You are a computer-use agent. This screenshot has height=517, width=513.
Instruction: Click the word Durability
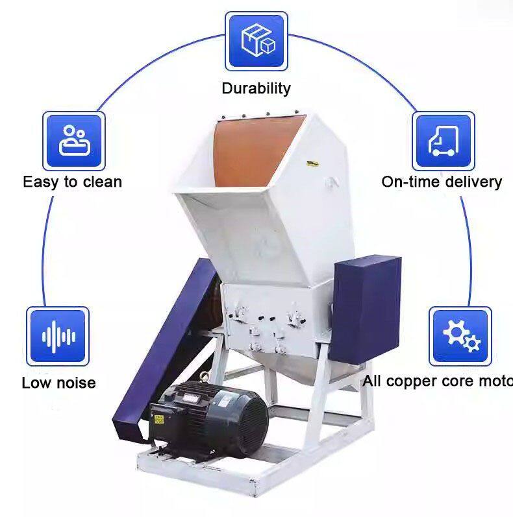(x=256, y=88)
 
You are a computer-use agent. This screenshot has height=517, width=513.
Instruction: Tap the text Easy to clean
(x=72, y=182)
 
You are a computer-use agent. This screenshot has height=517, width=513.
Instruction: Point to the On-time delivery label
(x=442, y=182)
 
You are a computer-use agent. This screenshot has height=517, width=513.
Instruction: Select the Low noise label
(x=58, y=383)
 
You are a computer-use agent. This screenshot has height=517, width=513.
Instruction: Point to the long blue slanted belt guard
(x=166, y=350)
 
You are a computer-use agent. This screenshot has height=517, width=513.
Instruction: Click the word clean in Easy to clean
(x=101, y=182)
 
